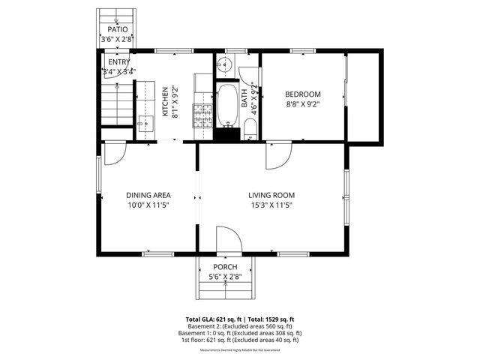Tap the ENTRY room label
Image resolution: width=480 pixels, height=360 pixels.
118,61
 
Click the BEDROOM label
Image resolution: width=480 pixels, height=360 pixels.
302,94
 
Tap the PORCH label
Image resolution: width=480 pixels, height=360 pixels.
225,268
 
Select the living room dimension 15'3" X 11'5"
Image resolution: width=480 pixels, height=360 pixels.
270,205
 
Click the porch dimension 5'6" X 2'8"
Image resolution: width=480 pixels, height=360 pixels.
225,277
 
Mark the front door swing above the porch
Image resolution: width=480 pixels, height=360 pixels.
227,241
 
